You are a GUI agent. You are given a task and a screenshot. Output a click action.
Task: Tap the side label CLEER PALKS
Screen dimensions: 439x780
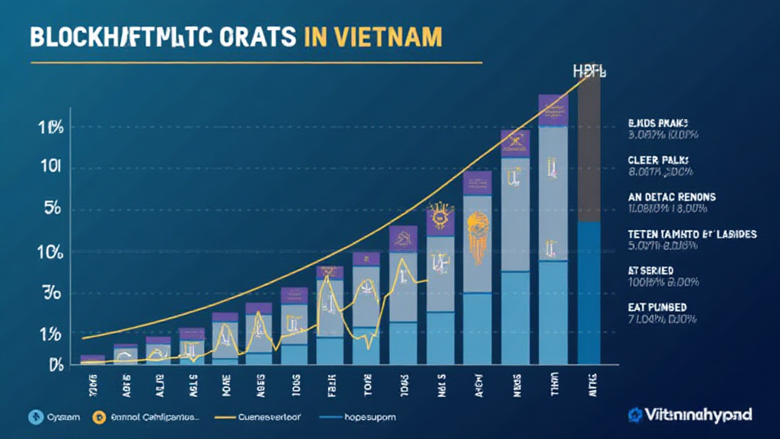[x=658, y=160]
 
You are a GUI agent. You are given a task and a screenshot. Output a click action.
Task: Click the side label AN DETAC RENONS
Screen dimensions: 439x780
[x=672, y=196]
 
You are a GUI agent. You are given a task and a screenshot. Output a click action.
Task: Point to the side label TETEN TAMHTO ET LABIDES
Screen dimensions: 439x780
[x=692, y=234]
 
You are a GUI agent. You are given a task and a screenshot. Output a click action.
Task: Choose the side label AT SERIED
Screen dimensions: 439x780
[x=651, y=270]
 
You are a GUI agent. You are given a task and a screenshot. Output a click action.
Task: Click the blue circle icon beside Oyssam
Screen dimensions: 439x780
[x=32, y=417]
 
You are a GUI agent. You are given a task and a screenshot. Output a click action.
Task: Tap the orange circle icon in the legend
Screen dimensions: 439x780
[x=97, y=417]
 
